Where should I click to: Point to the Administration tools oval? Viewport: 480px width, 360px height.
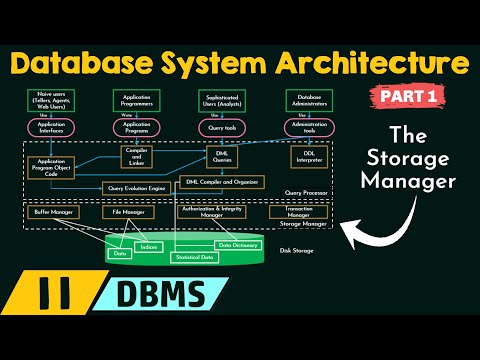(307, 129)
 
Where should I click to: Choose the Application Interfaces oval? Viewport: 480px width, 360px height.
(51, 129)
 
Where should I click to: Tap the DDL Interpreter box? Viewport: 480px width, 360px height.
(307, 157)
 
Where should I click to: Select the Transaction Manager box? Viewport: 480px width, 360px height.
(297, 212)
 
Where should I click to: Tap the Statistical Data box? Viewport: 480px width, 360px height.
(196, 257)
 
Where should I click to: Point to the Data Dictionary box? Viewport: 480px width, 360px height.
(239, 245)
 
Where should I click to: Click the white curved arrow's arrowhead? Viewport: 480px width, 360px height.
(347, 226)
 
